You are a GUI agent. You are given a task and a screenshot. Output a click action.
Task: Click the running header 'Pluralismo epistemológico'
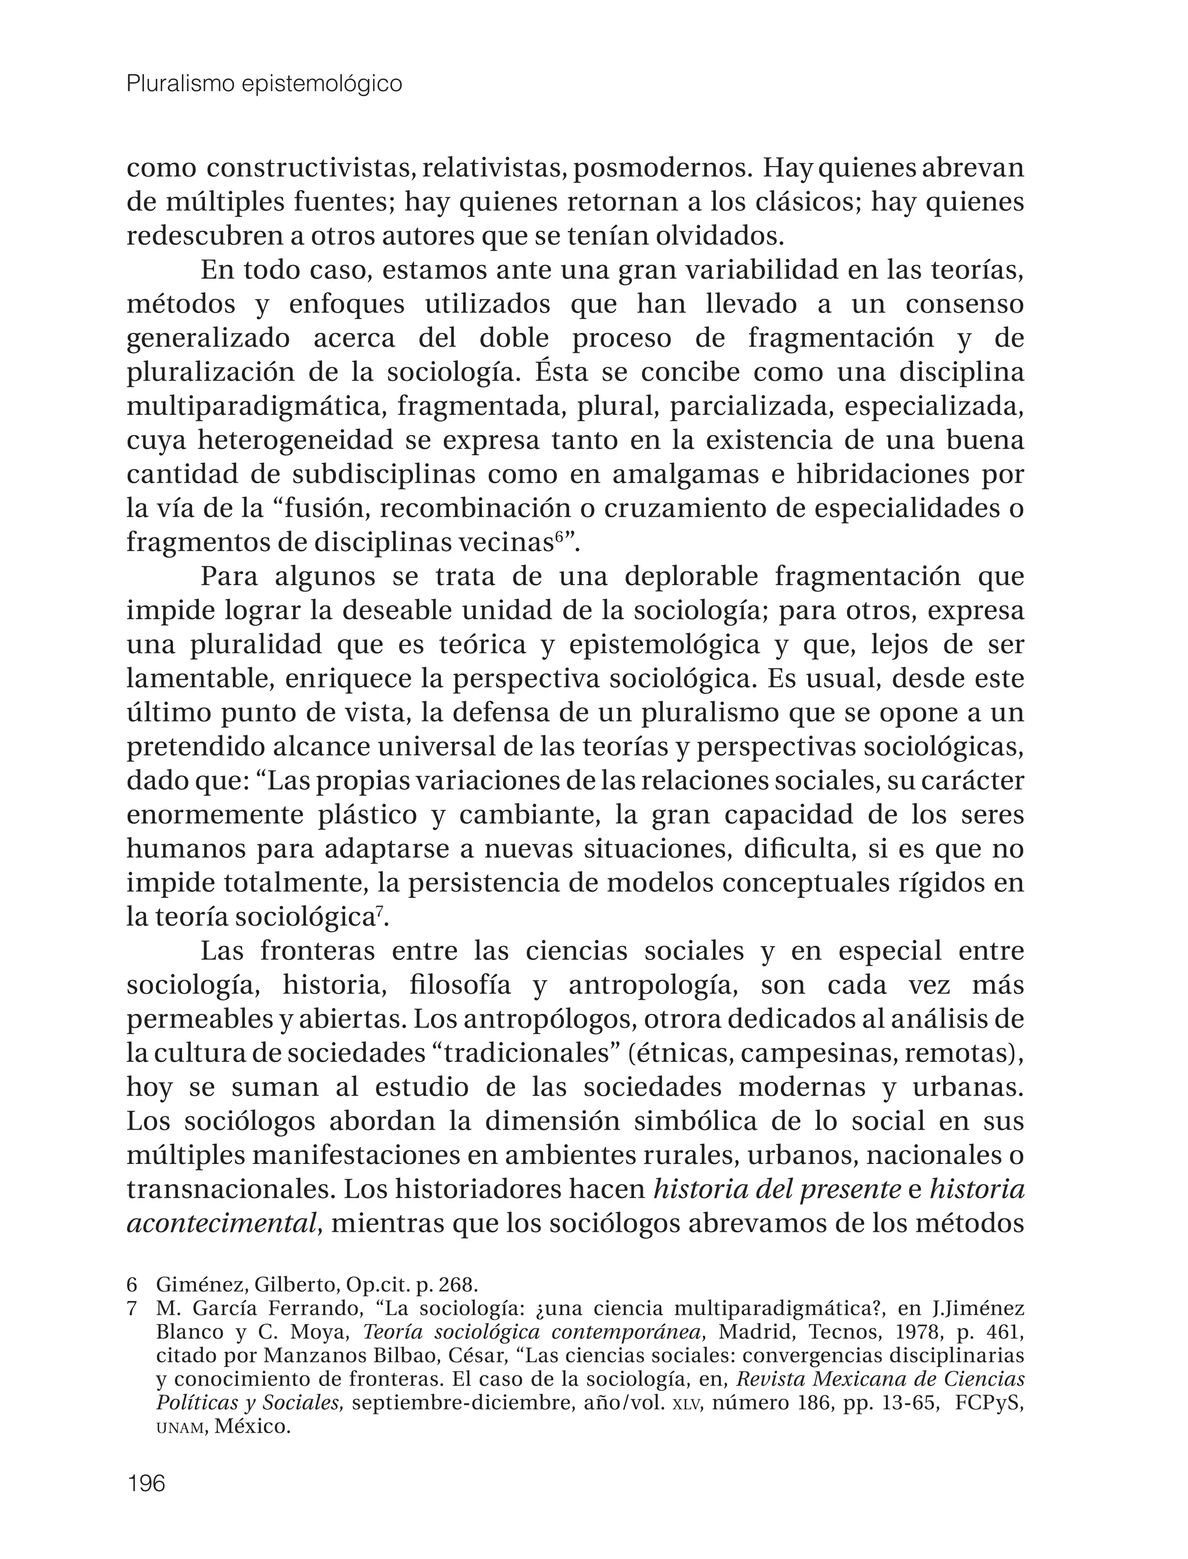coord(264,84)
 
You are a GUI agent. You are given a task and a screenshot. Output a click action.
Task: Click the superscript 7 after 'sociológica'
coord(380,911)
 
